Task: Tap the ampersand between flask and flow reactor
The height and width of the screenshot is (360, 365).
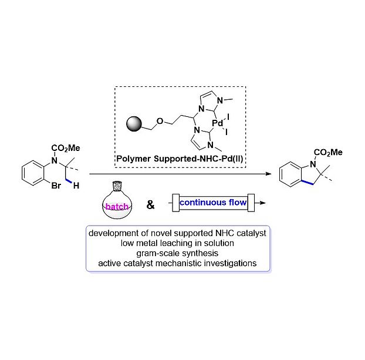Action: click(151, 205)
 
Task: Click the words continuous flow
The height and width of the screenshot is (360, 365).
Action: click(212, 204)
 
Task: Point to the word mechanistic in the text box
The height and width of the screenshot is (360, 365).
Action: click(198, 263)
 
